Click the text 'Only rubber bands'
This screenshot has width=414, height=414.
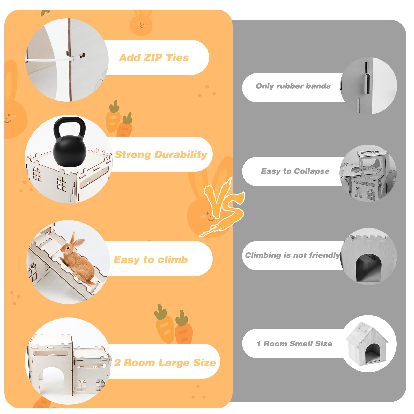(293, 86)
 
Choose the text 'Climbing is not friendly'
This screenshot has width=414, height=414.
(292, 255)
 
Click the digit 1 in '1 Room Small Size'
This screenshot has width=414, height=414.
(258, 344)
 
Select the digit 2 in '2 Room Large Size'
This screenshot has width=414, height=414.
(117, 363)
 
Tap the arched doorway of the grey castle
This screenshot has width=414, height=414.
(368, 268)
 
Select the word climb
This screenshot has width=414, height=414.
(173, 260)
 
